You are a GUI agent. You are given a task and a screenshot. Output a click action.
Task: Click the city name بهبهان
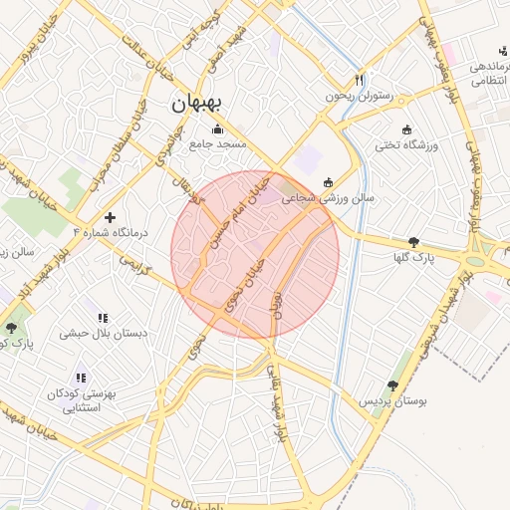(200, 103)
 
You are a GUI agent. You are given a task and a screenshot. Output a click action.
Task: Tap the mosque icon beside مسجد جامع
(218, 129)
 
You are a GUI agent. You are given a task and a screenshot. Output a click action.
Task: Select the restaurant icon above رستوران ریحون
(360, 81)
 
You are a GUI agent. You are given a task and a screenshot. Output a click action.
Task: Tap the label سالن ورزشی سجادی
(328, 198)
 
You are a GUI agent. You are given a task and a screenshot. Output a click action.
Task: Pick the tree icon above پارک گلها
(413, 242)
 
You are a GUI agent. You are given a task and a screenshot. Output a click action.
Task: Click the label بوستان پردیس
(393, 400)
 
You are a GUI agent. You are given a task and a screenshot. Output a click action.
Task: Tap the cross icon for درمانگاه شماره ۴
(110, 216)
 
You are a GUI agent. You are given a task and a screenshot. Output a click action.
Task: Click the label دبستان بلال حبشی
(103, 333)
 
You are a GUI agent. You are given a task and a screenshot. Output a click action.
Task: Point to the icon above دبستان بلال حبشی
(103, 318)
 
